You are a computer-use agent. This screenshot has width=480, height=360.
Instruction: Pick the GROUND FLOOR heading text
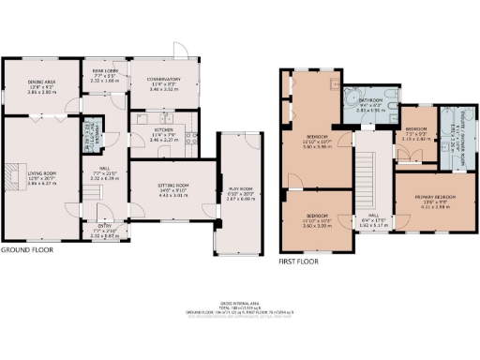pyautogui.click(x=26, y=250)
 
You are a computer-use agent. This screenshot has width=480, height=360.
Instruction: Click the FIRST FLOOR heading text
pyautogui.click(x=300, y=262)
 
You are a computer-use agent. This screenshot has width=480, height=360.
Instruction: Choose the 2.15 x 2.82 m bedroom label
pyautogui.click(x=415, y=136)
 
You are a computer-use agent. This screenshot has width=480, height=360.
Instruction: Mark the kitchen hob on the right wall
pyautogui.click(x=191, y=137)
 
